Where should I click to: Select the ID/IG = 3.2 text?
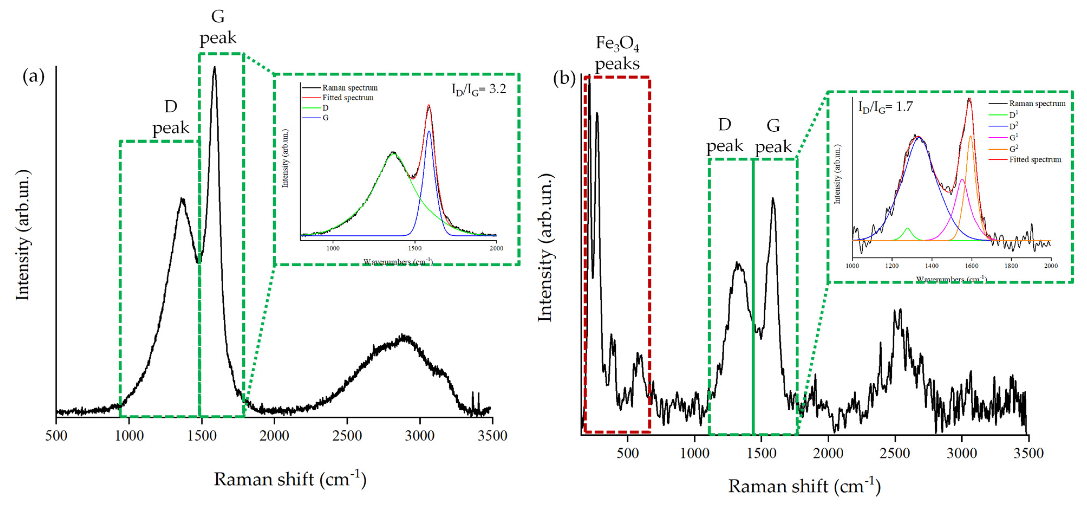478,89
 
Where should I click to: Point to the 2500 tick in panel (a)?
347,435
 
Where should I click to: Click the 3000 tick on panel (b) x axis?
962,453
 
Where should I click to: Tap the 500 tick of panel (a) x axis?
56,435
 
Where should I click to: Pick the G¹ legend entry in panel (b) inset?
1013,137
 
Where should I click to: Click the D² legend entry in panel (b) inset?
1013,126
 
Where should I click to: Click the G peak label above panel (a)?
218,27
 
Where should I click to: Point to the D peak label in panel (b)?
724,135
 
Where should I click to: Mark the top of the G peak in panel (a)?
214,67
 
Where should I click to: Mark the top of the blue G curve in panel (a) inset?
429,131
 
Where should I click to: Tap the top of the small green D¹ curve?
907,228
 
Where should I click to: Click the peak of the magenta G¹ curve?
962,179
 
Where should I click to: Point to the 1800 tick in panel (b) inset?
1011,266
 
